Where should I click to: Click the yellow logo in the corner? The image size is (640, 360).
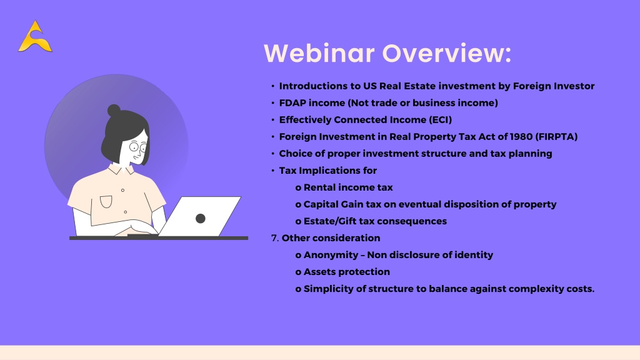(x=35, y=36)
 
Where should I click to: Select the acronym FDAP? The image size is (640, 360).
(x=292, y=103)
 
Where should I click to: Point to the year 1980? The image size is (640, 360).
(x=521, y=137)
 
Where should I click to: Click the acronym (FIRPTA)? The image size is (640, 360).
(x=556, y=137)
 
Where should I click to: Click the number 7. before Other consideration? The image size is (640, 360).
(x=275, y=238)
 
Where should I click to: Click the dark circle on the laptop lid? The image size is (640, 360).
(x=201, y=218)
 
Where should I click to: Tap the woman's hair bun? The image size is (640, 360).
(x=114, y=110)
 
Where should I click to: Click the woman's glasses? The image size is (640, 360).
(x=138, y=146)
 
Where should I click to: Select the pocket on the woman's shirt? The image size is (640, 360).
(x=106, y=202)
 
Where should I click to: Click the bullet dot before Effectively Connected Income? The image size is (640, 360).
(x=272, y=120)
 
